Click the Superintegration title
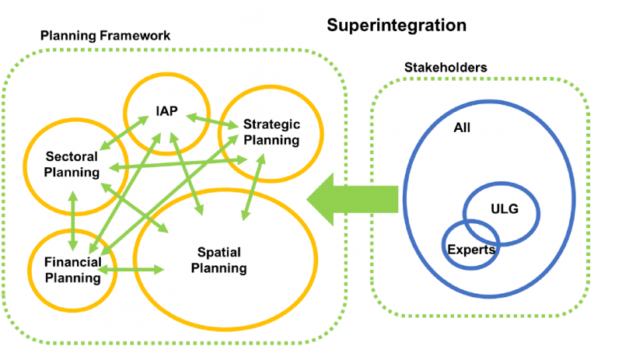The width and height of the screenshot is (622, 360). [397, 26]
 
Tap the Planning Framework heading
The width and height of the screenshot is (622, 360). [105, 36]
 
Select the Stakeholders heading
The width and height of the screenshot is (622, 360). [446, 68]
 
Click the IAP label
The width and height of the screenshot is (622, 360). [166, 111]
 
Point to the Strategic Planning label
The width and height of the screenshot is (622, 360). [271, 132]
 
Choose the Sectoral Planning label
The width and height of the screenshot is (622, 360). [72, 164]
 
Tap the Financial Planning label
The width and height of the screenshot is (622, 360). [72, 270]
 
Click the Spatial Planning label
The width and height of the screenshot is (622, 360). [219, 260]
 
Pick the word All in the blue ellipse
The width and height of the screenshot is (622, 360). [462, 128]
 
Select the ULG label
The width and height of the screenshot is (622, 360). [505, 209]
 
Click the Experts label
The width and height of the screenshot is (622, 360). [471, 250]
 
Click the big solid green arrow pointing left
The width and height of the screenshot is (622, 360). [352, 199]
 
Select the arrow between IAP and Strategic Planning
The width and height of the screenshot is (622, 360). [212, 121]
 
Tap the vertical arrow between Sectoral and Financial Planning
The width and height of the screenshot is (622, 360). [73, 221]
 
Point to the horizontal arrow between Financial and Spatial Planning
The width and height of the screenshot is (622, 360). [131, 270]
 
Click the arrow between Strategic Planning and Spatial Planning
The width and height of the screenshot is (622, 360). [253, 187]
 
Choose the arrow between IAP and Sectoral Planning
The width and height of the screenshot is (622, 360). [124, 133]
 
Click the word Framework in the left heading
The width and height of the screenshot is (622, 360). [135, 36]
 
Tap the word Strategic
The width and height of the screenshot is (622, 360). [271, 124]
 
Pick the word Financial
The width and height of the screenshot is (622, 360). [73, 262]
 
